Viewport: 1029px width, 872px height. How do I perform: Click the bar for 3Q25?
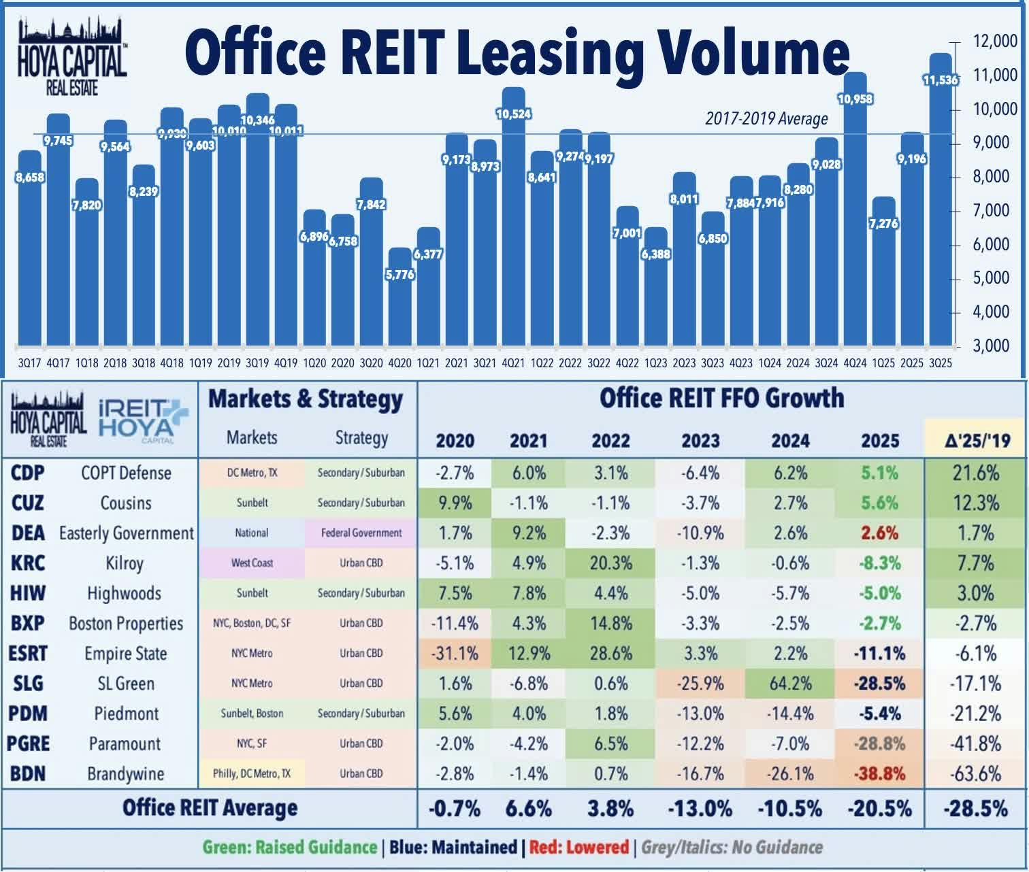(941, 204)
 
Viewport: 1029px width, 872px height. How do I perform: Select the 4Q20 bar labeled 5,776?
(399, 299)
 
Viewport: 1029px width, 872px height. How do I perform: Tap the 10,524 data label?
(514, 114)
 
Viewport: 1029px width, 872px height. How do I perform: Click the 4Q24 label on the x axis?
(855, 363)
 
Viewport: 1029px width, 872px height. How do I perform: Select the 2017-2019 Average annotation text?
(766, 119)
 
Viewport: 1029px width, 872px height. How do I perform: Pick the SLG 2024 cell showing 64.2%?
(790, 683)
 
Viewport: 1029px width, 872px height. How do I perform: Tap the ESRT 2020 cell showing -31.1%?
(455, 653)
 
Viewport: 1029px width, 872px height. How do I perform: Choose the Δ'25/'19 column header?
(976, 441)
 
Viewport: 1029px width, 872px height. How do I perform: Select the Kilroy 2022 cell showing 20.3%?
(610, 563)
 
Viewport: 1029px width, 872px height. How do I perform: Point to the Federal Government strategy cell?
(361, 533)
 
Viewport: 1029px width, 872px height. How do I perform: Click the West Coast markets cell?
(252, 563)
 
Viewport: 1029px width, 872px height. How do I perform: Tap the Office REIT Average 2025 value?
(879, 808)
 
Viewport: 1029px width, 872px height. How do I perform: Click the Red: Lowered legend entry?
(578, 848)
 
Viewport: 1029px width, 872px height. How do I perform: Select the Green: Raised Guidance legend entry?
(289, 848)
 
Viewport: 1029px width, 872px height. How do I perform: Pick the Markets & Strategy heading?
(306, 399)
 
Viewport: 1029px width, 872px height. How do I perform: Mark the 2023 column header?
(700, 441)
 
